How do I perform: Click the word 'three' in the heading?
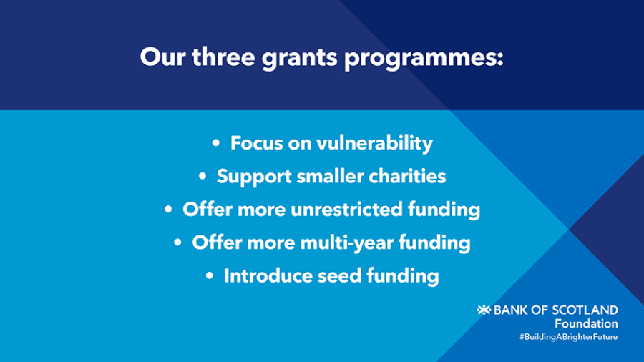pyautogui.click(x=223, y=57)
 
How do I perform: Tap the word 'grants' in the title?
pyautogui.click(x=299, y=58)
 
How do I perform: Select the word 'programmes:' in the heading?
pyautogui.click(x=424, y=58)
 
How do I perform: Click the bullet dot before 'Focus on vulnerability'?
pyautogui.click(x=216, y=143)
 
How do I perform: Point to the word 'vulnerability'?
pyautogui.click(x=374, y=143)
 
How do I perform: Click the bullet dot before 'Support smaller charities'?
pyautogui.click(x=203, y=176)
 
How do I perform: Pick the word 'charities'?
pyautogui.click(x=407, y=176)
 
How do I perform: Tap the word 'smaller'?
pyautogui.click(x=330, y=176)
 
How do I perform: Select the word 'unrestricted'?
pyautogui.click(x=346, y=209)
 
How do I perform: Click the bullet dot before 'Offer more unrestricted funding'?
pyautogui.click(x=168, y=210)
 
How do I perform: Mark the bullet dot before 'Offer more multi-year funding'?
pyautogui.click(x=177, y=242)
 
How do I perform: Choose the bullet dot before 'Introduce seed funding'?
pyautogui.click(x=210, y=275)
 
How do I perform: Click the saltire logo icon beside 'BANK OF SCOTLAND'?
pyautogui.click(x=484, y=310)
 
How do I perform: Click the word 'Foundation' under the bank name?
pyautogui.click(x=586, y=323)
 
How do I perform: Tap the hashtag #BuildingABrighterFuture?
pyautogui.click(x=568, y=337)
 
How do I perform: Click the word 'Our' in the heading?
pyautogui.click(x=162, y=57)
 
